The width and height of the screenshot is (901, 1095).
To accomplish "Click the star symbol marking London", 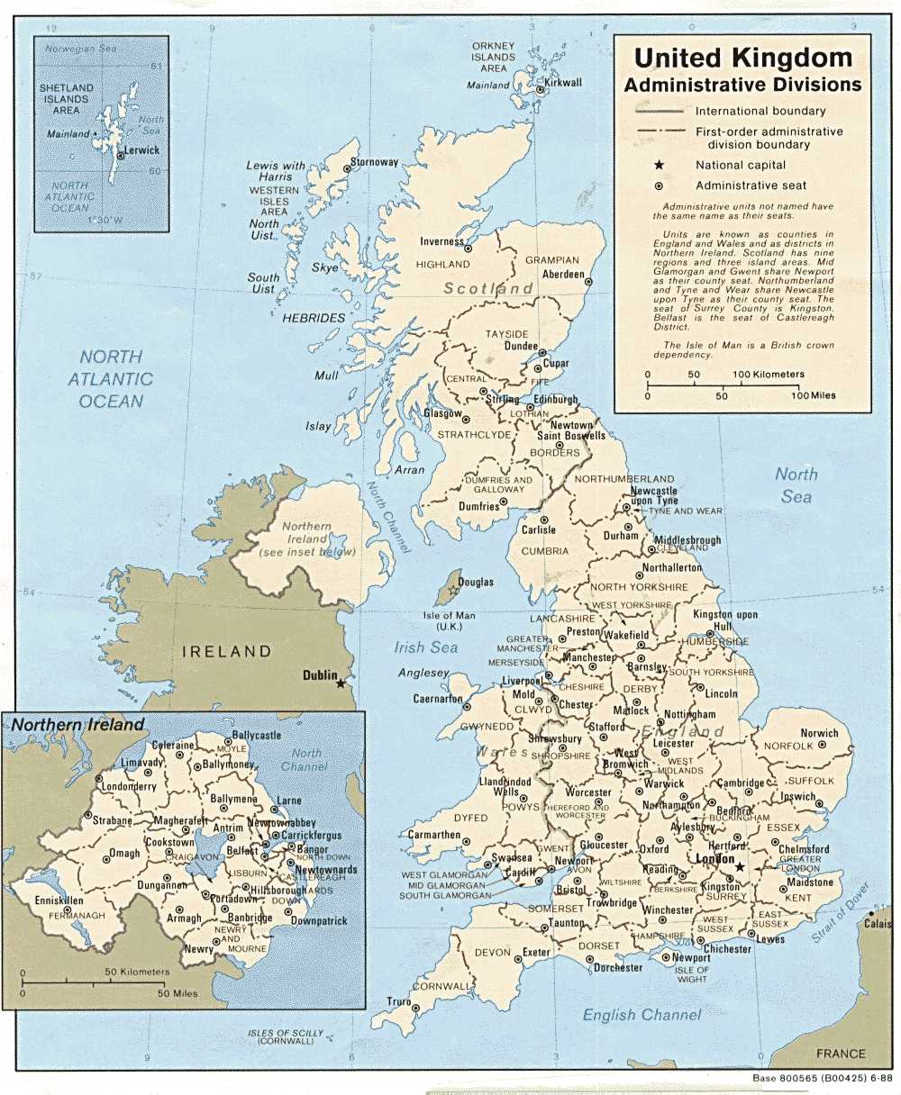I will pyautogui.click(x=739, y=867).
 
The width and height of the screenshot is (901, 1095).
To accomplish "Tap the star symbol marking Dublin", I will pyautogui.click(x=341, y=683).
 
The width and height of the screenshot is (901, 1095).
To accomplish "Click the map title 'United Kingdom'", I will pyautogui.click(x=742, y=59).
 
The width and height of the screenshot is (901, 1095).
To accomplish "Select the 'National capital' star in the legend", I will pyautogui.click(x=659, y=165).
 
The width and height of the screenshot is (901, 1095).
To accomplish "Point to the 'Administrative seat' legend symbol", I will pyautogui.click(x=659, y=186).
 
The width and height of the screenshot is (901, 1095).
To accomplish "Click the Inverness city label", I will pyautogui.click(x=441, y=241).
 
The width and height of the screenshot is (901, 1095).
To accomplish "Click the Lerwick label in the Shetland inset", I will pyautogui.click(x=141, y=151).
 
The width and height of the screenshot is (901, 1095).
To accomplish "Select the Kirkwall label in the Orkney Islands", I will pyautogui.click(x=563, y=83).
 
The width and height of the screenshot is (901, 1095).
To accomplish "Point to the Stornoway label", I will pyautogui.click(x=374, y=162).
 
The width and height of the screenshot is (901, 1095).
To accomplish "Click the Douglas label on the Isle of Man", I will pyautogui.click(x=476, y=583).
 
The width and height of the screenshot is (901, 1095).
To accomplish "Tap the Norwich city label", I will pyautogui.click(x=819, y=733).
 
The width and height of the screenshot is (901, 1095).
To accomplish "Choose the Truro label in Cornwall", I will pyautogui.click(x=398, y=1002).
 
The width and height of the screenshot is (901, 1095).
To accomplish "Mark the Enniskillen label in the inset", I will pyautogui.click(x=33, y=900).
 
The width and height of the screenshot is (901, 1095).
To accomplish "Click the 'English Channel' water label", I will pyautogui.click(x=641, y=1015).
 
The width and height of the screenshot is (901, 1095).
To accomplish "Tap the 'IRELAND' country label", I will pyautogui.click(x=226, y=651).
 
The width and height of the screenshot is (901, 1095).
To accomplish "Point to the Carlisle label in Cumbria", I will pyautogui.click(x=538, y=530).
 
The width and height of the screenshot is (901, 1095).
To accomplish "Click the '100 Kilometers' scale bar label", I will pyautogui.click(x=768, y=375).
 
